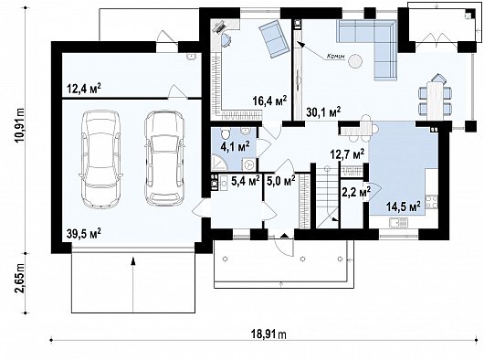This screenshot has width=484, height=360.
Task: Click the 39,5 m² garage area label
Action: coord(82,233)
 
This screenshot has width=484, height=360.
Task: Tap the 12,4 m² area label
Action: coord(83,89)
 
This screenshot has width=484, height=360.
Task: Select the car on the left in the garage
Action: coord(100,157)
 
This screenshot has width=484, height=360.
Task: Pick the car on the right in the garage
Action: coord(163,157)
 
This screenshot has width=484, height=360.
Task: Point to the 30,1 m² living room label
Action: coord(321,111)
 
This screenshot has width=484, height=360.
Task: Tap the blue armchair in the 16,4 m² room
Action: coord(271,38)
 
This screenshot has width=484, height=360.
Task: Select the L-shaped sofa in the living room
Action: coord(374,46)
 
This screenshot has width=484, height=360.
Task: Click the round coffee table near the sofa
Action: coord(356,62)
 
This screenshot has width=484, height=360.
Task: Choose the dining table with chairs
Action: coord(435,94)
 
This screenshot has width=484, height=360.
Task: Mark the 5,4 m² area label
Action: coord(245,181)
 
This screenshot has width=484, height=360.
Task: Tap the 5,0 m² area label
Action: coord(279,181)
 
